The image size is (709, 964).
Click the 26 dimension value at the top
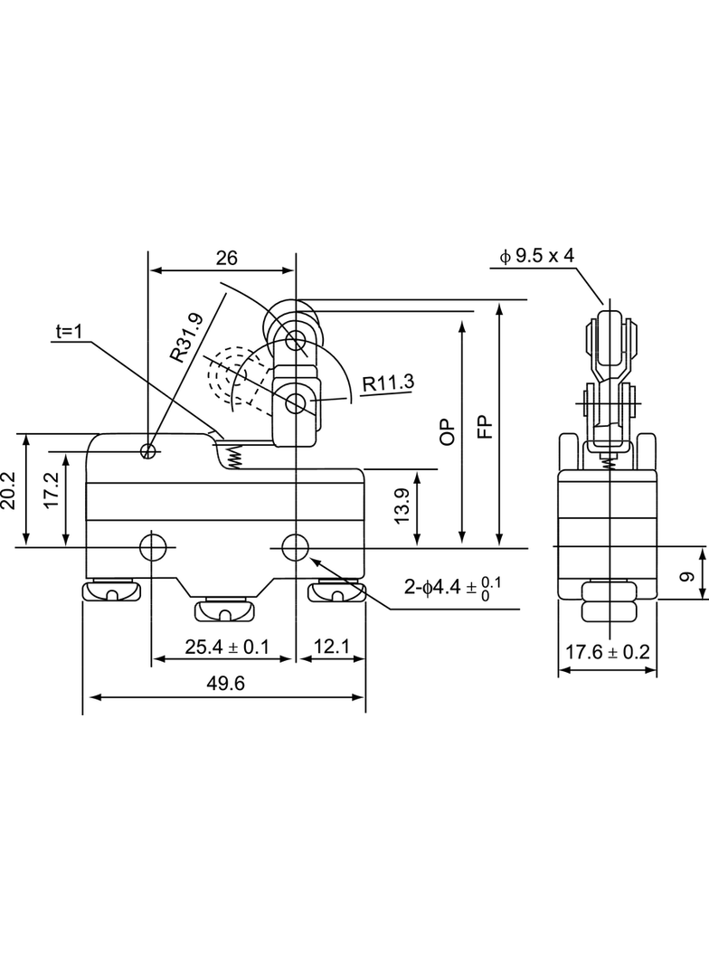pyautogui.click(x=226, y=258)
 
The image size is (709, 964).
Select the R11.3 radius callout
pyautogui.click(x=388, y=383)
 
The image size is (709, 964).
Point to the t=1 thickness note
pyautogui.click(x=69, y=331)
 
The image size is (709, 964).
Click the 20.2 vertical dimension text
pyautogui.click(x=9, y=491)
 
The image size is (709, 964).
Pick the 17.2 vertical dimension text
pyautogui.click(x=51, y=490)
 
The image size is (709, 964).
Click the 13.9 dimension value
pyautogui.click(x=402, y=506)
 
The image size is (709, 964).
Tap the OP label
pyautogui.click(x=448, y=432)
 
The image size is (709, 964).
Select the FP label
pyautogui.click(x=485, y=427)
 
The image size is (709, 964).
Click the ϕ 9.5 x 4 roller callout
pyautogui.click(x=537, y=256)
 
